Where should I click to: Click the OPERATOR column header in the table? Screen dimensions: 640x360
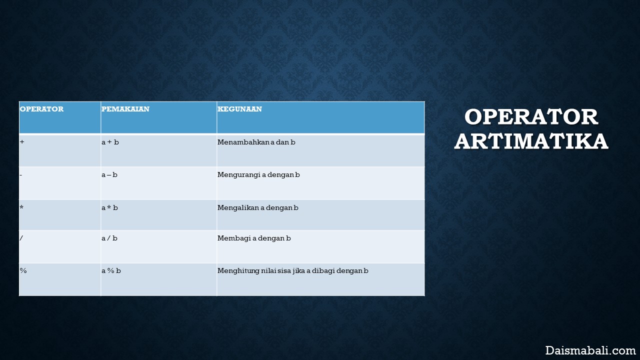[41, 109]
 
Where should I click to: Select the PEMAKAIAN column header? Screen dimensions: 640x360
[125, 109]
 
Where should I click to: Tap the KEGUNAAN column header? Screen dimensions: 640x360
[239, 109]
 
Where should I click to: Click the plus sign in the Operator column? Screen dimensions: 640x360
[22, 141]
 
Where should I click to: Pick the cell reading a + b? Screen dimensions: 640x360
[110, 142]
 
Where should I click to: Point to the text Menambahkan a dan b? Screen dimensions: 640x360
[256, 142]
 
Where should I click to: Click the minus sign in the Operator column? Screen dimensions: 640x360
[21, 174]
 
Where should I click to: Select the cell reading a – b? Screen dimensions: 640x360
[109, 174]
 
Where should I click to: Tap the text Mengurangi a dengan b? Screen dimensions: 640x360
[258, 175]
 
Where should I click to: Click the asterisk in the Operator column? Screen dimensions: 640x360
[21, 207]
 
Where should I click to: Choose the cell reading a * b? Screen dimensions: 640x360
[109, 207]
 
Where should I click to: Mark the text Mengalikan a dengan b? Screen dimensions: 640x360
[257, 208]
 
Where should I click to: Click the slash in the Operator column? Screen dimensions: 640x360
[21, 238]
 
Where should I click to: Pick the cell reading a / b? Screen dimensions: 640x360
[109, 238]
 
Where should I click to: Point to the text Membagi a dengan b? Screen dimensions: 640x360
[254, 238]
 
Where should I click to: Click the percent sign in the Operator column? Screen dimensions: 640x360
[23, 270]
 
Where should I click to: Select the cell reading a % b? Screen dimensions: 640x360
[111, 270]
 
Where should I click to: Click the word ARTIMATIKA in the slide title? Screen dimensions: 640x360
[531, 141]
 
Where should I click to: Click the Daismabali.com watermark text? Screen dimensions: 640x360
[590, 350]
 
